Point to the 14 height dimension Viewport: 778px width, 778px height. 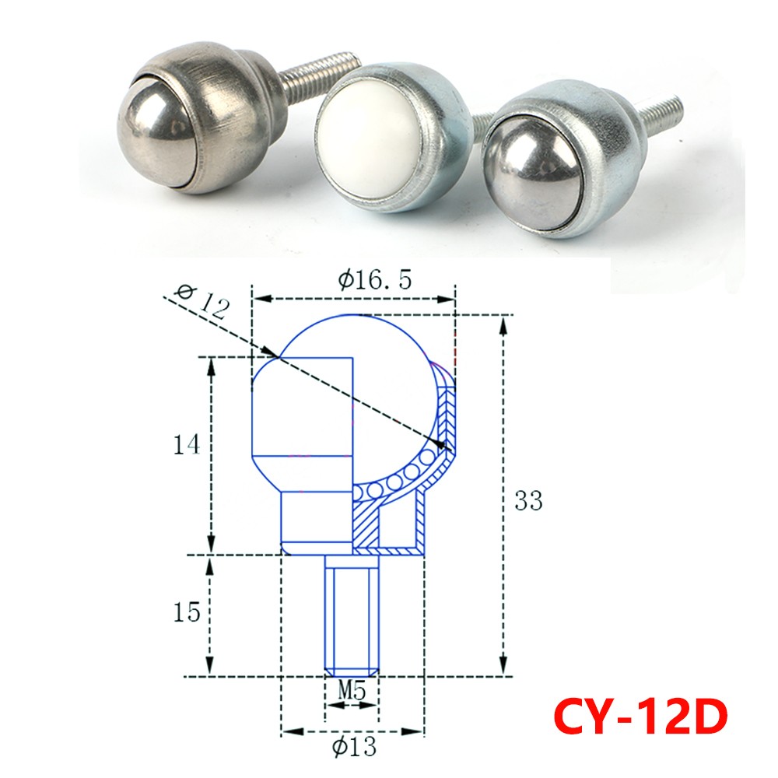point(187,445)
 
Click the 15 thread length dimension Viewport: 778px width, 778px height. point(187,612)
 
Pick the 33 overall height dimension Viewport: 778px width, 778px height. point(528,501)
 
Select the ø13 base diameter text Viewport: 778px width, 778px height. point(353,748)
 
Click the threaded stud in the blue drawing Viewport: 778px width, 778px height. point(352,615)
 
